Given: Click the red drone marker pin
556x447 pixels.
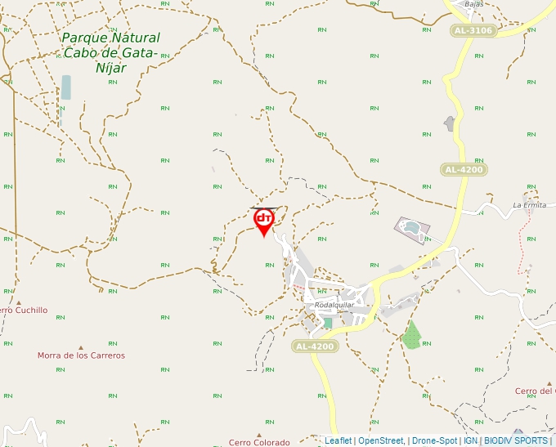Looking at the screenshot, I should (x=263, y=221).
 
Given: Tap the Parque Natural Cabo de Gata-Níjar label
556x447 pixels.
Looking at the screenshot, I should (x=110, y=52).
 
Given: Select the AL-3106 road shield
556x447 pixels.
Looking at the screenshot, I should (x=473, y=31).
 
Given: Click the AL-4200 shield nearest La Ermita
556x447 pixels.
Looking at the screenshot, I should (x=464, y=170).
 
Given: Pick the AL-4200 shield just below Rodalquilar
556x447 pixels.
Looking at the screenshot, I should (x=314, y=346).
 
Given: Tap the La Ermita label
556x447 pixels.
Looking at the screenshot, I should (x=529, y=204).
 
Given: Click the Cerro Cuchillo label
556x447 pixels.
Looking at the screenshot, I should (x=23, y=311).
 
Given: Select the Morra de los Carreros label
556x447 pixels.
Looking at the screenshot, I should (x=81, y=355).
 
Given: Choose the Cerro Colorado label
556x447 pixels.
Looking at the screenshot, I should (x=259, y=442).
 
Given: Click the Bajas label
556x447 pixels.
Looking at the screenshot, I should (x=474, y=4).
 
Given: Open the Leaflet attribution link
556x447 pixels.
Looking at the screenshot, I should (x=338, y=440).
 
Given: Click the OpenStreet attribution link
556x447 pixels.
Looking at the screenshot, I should (x=380, y=440).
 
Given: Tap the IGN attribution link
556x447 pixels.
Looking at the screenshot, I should (x=470, y=440).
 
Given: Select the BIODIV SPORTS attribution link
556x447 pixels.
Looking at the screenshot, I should (x=516, y=440).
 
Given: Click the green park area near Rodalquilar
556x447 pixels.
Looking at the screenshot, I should (x=411, y=335).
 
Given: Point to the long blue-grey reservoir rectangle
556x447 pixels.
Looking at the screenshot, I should (x=65, y=88).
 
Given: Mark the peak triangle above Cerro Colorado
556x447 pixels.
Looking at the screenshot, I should (x=259, y=435).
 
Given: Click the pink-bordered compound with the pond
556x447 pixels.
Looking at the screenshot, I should (x=412, y=230).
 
